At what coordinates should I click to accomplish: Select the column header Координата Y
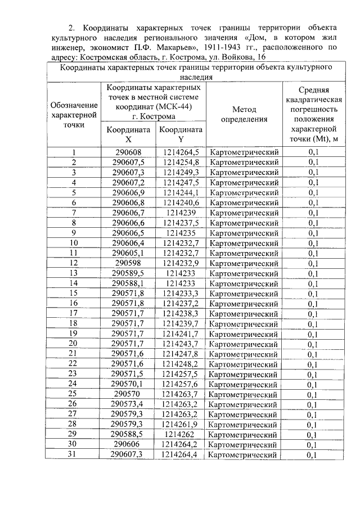(x=181, y=134)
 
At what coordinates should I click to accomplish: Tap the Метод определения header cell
(x=244, y=114)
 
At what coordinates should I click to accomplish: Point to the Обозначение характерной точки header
(x=74, y=115)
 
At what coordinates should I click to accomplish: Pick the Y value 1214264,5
(x=181, y=152)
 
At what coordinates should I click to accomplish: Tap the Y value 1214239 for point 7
(x=181, y=213)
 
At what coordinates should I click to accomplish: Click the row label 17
(x=74, y=313)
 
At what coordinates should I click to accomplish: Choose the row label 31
(x=74, y=454)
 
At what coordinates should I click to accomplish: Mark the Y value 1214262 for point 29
(x=181, y=434)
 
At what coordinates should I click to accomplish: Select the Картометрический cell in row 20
(x=244, y=344)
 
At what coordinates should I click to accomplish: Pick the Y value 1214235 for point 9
(x=181, y=233)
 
